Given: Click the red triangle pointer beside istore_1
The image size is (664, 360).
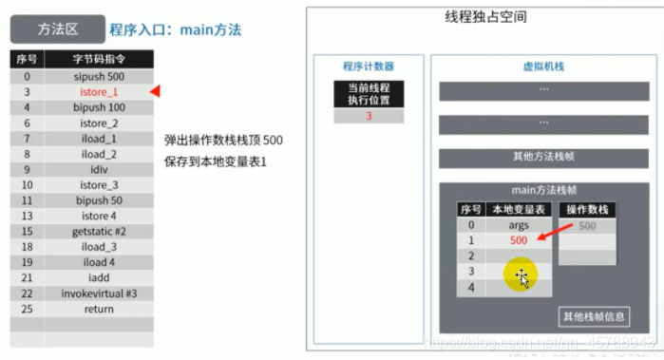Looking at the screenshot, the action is [155, 92].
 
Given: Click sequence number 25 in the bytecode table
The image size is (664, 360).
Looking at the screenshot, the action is [27, 309].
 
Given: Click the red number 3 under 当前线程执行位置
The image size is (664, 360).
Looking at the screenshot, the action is [368, 116].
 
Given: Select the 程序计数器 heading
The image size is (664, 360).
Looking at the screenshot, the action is [368, 66].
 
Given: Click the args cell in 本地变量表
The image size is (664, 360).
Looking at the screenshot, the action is [519, 225].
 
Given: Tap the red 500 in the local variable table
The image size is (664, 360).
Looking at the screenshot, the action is [519, 240].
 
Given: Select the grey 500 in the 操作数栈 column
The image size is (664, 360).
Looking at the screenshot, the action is [587, 226].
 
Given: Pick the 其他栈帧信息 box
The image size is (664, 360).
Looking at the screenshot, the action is [593, 316].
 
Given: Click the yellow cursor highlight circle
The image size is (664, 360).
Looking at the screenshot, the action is [522, 275].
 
